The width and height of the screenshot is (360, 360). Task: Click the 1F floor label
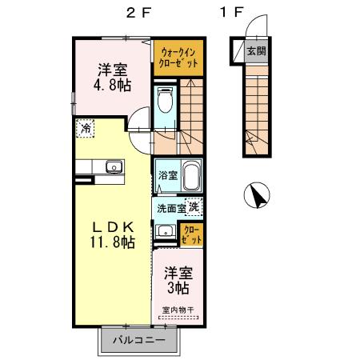[x=231, y=13]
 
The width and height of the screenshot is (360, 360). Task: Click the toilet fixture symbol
[x=165, y=102]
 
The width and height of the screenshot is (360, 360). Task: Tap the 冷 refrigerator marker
[x=85, y=126]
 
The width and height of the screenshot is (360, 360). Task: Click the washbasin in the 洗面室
[x=166, y=232]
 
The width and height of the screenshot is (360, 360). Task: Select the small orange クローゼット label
[x=191, y=234]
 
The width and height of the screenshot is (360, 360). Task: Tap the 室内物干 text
[x=178, y=309]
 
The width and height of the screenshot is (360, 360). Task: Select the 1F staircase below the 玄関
[x=255, y=112]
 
